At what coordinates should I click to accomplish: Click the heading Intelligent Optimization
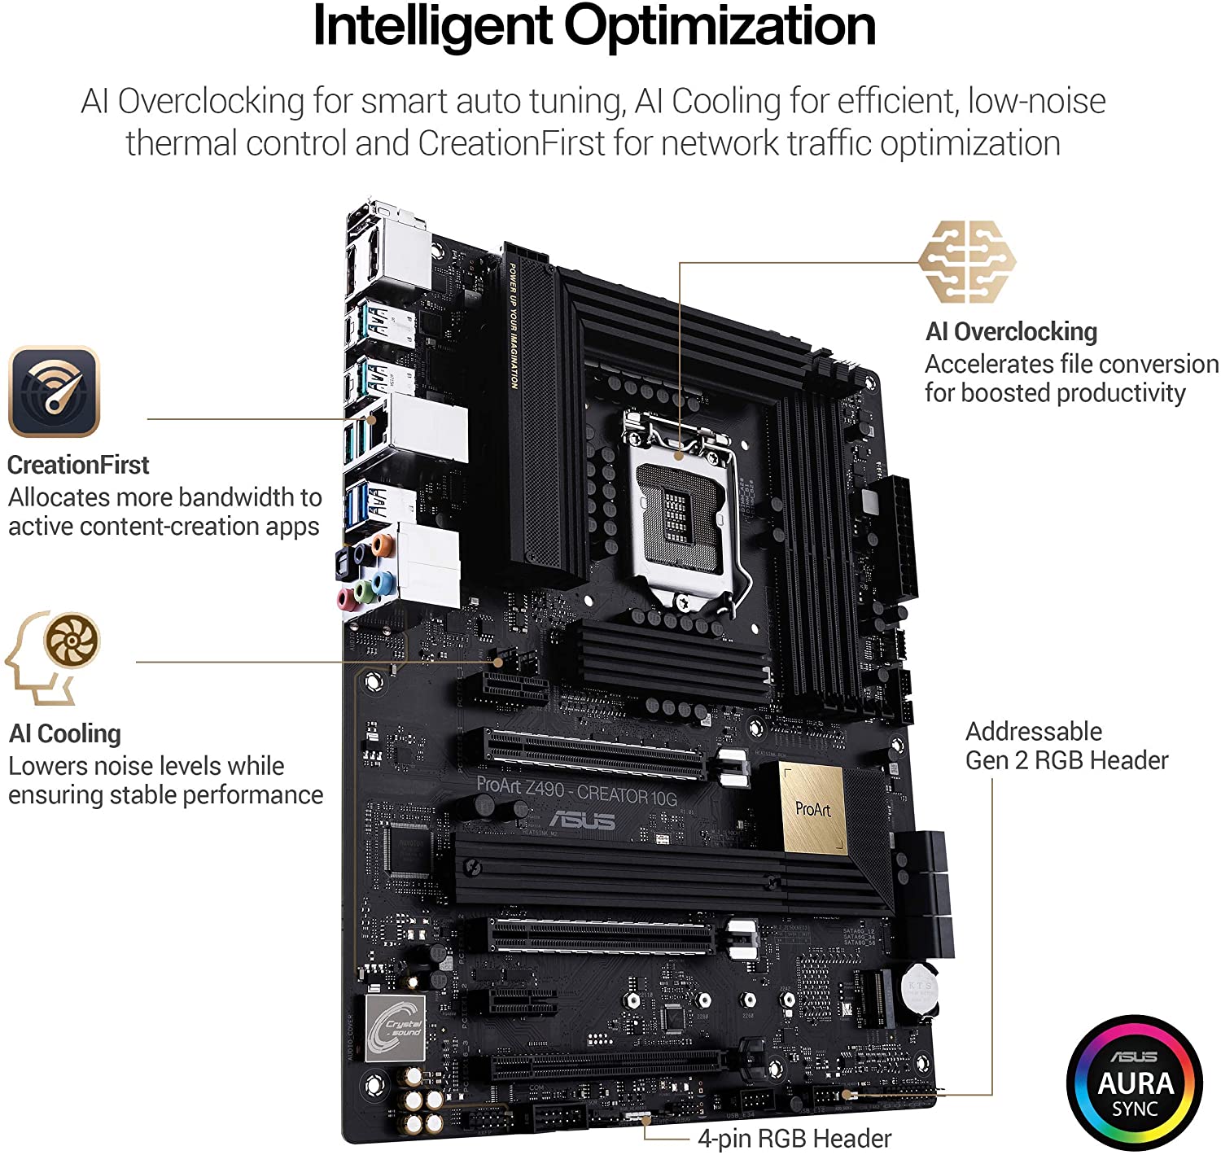(594, 26)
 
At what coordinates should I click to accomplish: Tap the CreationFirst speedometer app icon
(54, 392)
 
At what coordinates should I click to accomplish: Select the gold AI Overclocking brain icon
(966, 261)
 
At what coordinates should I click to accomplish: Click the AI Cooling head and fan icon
(54, 657)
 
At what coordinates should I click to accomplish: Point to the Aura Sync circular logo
(1135, 1083)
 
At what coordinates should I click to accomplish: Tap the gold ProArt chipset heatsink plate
(813, 809)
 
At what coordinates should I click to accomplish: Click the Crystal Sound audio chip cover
(396, 1027)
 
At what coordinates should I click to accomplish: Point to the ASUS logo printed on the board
(583, 820)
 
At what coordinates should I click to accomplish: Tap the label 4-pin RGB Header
(794, 1138)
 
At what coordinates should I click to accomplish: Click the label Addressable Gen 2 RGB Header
(1066, 746)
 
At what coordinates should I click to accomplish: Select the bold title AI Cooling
(65, 733)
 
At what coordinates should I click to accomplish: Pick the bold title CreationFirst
(78, 465)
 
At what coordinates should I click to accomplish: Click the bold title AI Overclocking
(1011, 331)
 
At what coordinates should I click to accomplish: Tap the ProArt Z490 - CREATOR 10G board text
(576, 790)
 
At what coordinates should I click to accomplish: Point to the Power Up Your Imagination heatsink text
(514, 326)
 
